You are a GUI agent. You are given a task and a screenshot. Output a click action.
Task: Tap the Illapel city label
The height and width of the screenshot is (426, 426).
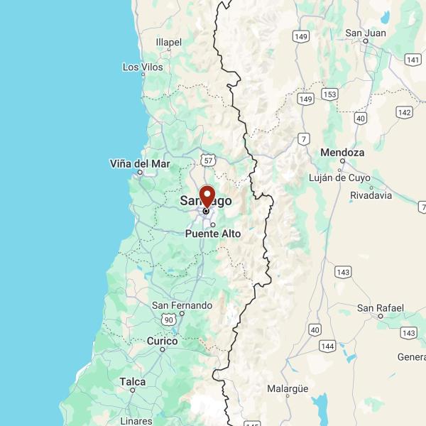click(168, 43)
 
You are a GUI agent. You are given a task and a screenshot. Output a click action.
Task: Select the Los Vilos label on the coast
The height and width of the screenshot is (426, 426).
click(143, 67)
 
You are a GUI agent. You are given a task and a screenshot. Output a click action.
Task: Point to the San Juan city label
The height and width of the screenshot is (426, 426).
click(365, 33)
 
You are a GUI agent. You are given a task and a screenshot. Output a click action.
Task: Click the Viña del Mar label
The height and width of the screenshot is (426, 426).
click(140, 163)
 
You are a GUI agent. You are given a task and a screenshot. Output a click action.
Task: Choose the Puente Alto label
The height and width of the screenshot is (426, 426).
click(213, 234)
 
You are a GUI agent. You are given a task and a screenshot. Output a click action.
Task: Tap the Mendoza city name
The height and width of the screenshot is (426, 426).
click(342, 153)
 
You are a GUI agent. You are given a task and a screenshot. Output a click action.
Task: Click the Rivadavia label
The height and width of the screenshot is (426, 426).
click(371, 195)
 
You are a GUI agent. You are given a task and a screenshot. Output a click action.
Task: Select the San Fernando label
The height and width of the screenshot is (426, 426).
click(182, 305)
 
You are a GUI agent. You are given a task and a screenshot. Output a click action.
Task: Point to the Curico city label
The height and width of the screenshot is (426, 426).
click(162, 342)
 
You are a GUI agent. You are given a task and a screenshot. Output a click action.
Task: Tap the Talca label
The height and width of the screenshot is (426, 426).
click(133, 382)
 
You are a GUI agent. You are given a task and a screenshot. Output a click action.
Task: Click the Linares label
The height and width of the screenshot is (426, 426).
click(136, 421)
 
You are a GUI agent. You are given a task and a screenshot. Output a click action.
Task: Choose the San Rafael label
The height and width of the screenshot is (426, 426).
click(381, 307)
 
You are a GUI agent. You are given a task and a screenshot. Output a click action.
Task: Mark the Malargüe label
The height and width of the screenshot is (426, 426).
click(288, 388)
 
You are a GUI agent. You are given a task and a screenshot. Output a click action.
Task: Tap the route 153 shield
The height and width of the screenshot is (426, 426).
click(329, 94)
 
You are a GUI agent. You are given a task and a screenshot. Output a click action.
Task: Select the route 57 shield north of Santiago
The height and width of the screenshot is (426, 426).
click(207, 158)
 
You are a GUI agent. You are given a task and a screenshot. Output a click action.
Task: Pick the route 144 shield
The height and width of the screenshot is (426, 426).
click(327, 346)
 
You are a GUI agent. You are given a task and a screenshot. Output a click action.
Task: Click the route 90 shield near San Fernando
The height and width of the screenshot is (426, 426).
click(168, 320)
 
